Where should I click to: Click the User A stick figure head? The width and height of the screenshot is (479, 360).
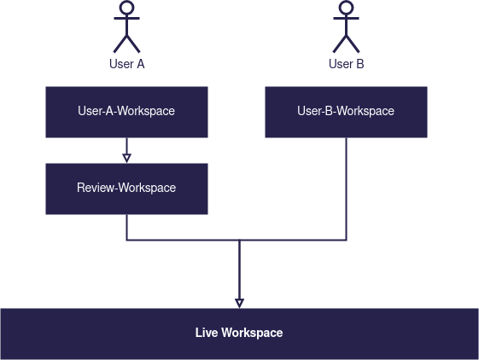point(126,8)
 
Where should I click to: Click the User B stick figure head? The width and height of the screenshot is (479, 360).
point(346,8)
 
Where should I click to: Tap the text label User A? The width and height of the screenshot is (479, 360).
point(126,64)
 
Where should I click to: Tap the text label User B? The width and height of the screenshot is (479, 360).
point(346,64)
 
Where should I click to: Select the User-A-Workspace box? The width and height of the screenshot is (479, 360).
point(126,112)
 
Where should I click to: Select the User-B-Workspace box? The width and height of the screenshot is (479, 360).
point(346,112)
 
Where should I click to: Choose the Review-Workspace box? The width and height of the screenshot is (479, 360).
point(126,189)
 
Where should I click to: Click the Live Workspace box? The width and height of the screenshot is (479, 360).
point(239,334)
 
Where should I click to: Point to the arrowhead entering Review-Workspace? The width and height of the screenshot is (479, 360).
point(126,158)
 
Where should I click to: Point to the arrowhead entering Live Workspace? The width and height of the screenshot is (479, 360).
point(239,303)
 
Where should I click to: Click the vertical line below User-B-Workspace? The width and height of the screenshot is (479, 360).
point(346,189)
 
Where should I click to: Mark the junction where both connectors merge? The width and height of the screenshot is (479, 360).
point(239,240)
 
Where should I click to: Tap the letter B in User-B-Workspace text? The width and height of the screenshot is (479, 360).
point(329,111)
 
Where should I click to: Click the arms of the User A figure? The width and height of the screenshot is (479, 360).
point(126,18)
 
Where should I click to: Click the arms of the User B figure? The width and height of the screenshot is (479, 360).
point(346,18)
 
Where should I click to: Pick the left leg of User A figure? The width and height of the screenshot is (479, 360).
point(120,44)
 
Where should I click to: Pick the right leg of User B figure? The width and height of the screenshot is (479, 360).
point(353,44)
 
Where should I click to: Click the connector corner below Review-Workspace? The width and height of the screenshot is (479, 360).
point(126,240)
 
